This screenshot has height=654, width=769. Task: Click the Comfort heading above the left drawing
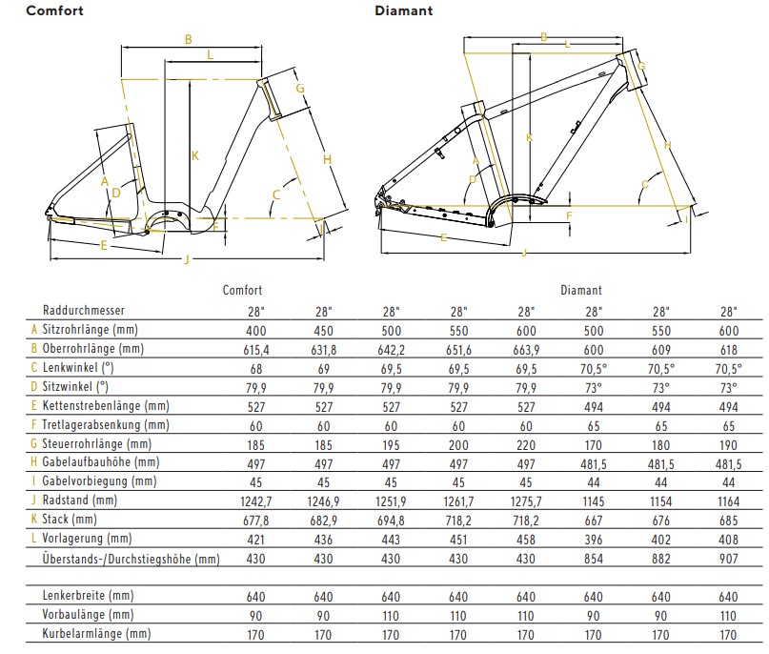[x=53, y=11]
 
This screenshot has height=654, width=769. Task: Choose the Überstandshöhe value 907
[x=729, y=559]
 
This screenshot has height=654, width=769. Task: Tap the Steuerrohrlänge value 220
[x=526, y=444]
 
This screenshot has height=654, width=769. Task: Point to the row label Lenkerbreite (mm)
[x=88, y=596]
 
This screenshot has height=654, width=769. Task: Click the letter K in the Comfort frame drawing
[x=194, y=155]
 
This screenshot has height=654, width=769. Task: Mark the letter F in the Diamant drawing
[x=568, y=215]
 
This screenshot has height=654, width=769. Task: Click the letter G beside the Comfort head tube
[x=299, y=89]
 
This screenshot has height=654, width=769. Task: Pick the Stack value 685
[x=729, y=521]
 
